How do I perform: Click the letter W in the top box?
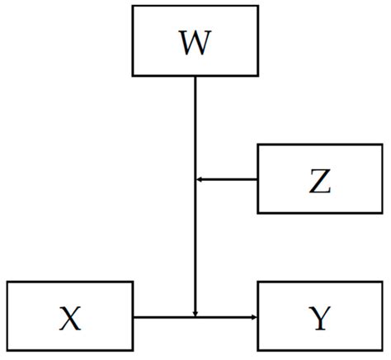(195, 44)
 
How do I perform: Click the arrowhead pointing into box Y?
(254, 316)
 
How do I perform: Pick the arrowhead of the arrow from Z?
(199, 179)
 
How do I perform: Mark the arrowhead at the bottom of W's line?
(195, 312)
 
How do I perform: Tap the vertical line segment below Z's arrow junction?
(195, 248)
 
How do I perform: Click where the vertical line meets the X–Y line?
(195, 316)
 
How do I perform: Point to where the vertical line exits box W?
(195, 77)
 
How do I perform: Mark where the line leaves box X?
(133, 316)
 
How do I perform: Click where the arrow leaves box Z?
(258, 179)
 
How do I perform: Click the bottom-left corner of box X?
(7, 351)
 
